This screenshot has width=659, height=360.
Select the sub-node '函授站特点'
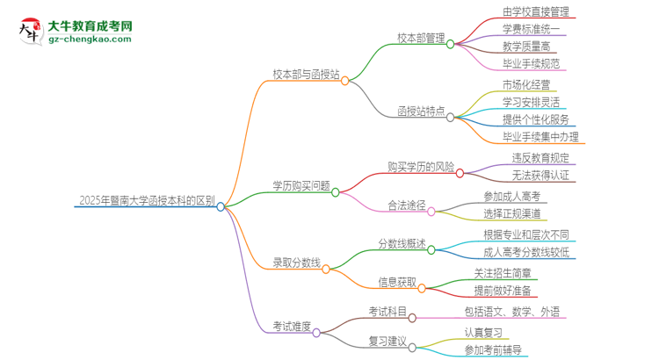pos(418,112)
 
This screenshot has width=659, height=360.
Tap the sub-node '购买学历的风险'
pos(421,166)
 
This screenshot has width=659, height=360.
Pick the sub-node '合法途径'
pos(407,205)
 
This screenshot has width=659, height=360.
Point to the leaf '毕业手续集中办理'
pos(540,137)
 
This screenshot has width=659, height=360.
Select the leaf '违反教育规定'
pos(540,158)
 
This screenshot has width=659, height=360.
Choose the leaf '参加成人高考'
pos(513,197)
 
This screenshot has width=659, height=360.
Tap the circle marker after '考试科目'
pos(411,316)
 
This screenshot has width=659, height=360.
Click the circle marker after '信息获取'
pos(424,286)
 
